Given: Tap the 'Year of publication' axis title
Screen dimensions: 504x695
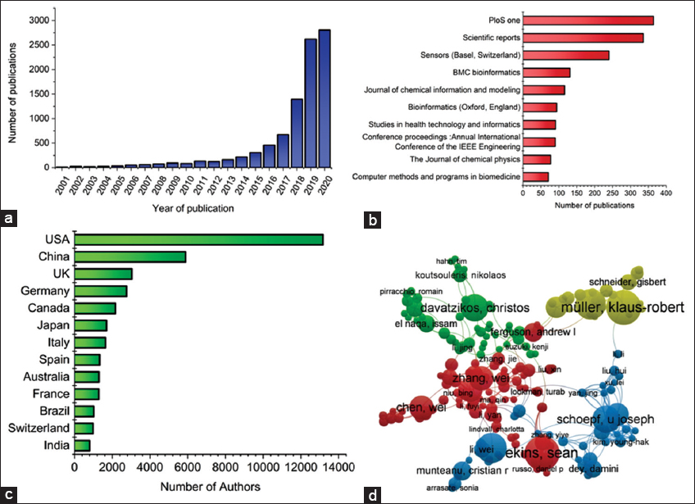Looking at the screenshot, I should point(193,208).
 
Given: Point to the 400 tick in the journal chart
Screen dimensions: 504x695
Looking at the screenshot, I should point(665,196).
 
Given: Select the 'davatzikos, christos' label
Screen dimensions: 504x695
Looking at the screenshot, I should point(471,308).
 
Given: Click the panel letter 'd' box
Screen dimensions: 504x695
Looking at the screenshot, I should point(373,493).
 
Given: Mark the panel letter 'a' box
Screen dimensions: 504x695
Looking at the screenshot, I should point(9,218).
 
